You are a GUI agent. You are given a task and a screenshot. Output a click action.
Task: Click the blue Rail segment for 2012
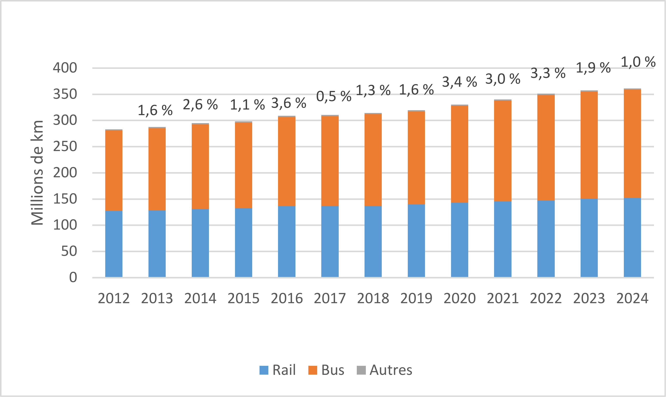[x=114, y=244]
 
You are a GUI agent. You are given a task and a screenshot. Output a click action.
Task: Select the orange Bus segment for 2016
[x=287, y=162]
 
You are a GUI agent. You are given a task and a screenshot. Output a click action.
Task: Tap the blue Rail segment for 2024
[x=632, y=238]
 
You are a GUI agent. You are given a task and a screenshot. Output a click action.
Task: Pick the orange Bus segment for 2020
[x=459, y=154]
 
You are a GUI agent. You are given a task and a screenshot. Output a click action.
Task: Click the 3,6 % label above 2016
[x=289, y=103]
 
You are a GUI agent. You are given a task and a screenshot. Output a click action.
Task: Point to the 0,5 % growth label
[x=334, y=97]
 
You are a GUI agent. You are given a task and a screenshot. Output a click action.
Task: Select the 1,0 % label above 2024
[x=638, y=62]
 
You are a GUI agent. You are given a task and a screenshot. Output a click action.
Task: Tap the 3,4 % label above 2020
[x=459, y=82]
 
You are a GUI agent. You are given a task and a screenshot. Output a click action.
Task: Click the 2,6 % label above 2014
[x=200, y=105]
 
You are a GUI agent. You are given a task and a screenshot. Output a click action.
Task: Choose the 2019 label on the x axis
[x=416, y=298]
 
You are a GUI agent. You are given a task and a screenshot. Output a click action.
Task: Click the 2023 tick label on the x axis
[x=589, y=298]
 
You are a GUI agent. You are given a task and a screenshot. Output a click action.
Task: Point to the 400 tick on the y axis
[x=65, y=68]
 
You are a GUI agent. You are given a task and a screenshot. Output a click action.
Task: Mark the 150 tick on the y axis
[x=65, y=199]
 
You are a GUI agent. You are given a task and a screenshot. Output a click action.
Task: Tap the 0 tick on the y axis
[x=73, y=277]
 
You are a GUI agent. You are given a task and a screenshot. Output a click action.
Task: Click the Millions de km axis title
[x=37, y=173]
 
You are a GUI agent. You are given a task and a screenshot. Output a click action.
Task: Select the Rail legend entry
[x=277, y=370]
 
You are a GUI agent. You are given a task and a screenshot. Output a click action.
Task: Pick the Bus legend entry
[x=326, y=370]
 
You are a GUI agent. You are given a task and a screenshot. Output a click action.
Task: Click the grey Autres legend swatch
[x=361, y=370]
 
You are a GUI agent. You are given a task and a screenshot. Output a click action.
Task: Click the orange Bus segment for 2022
[x=546, y=148]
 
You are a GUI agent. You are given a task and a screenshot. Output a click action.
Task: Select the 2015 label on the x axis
[x=243, y=298]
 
